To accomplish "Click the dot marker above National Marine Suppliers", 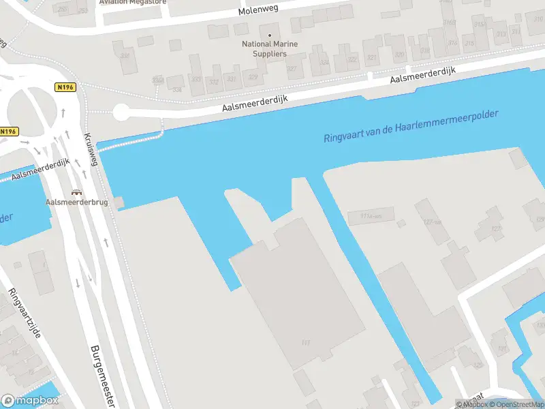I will click(270, 35).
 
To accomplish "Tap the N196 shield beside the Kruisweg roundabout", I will click(65, 87).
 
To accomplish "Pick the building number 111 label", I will click(305, 343).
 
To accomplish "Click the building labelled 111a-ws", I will click(361, 217).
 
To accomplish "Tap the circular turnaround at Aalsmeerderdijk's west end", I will click(121, 112).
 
